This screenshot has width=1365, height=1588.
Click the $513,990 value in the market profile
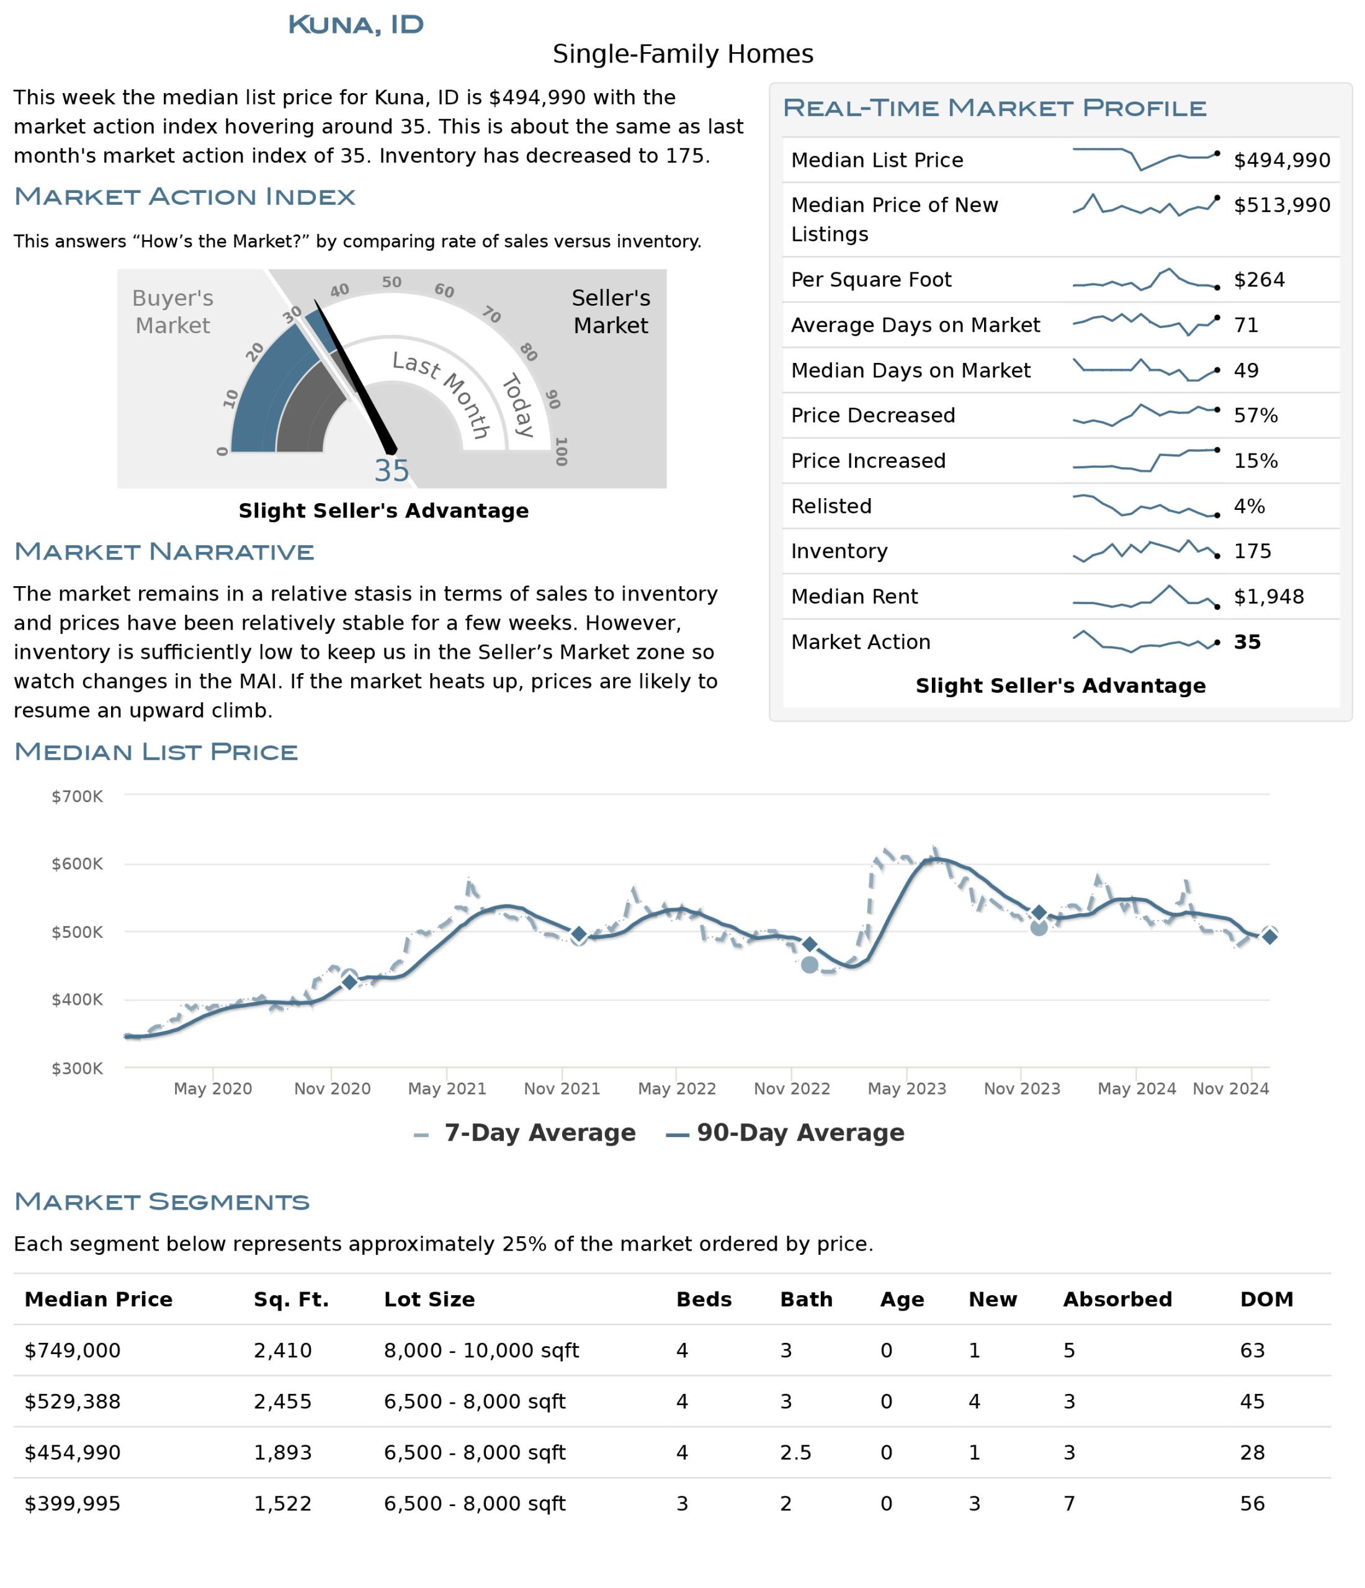(1281, 205)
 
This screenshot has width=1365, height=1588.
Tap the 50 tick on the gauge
(392, 282)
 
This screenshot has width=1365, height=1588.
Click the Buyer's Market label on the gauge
(172, 312)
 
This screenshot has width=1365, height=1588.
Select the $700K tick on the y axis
(77, 796)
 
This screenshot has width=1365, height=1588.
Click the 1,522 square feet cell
(283, 1504)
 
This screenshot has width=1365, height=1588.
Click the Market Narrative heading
(164, 552)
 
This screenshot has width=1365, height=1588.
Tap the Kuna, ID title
(356, 25)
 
